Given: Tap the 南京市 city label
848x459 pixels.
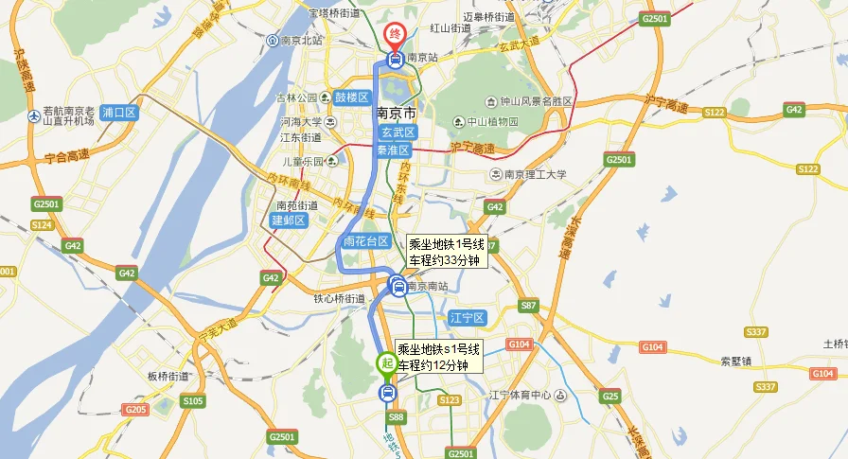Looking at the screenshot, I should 397,113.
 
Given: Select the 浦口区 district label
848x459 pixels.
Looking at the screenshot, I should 120,113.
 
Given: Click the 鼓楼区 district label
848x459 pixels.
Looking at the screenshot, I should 351,97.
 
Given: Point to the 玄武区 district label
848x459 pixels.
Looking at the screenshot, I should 398,133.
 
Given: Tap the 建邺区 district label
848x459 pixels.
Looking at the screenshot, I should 289,221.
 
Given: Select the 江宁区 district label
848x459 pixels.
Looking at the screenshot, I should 468,318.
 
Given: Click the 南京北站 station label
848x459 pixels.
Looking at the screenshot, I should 300,41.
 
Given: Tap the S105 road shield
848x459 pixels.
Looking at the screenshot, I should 193,401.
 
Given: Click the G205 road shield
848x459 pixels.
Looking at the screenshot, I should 135,409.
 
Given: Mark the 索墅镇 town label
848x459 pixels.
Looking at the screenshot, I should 735,362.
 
